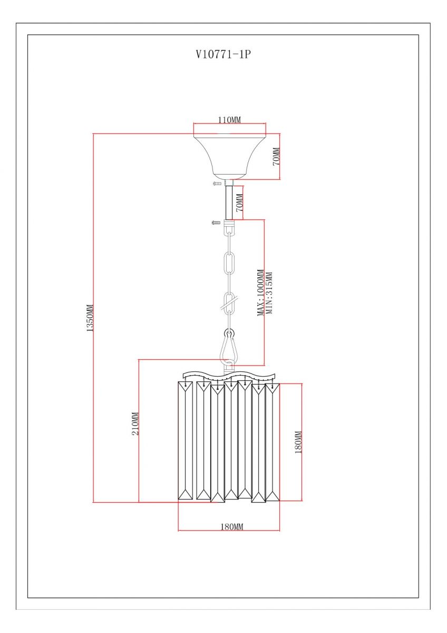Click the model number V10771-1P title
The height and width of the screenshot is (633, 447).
pos(224,54)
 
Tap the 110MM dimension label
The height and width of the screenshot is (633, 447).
pos(229,120)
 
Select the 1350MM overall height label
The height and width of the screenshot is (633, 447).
pos(90,318)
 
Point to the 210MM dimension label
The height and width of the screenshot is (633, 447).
pos(135,424)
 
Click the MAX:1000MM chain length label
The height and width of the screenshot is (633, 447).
pos(260,293)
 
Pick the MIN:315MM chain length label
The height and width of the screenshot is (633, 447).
pos(269,293)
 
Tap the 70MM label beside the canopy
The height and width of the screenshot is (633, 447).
pos(276,156)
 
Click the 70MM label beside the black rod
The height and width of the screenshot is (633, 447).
pos(239,203)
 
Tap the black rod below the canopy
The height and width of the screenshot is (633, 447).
pos(229,203)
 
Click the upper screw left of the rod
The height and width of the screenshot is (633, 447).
pos(217,184)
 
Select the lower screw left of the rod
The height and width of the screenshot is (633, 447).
pos(216,223)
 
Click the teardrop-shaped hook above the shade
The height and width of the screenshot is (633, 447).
pos(229,347)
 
